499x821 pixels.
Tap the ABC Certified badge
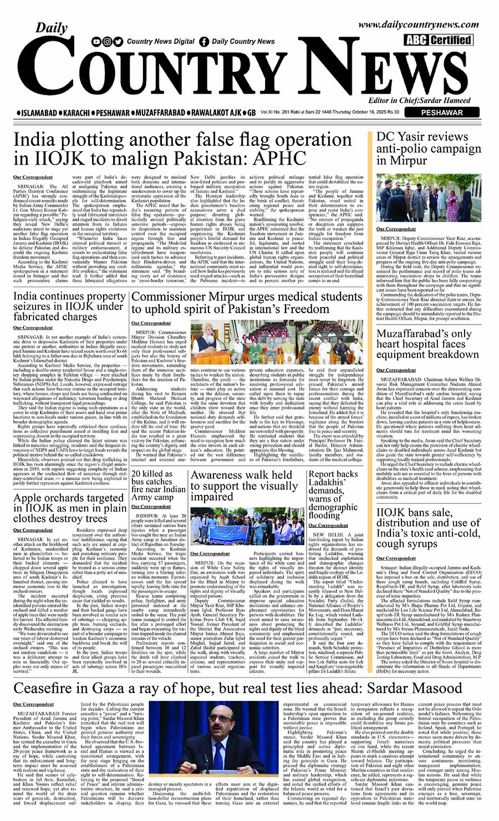coord(437,39)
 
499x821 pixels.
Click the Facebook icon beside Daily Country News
coord(204,42)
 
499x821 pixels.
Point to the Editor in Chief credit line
coord(420,100)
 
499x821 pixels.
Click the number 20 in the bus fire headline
coord(137,474)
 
